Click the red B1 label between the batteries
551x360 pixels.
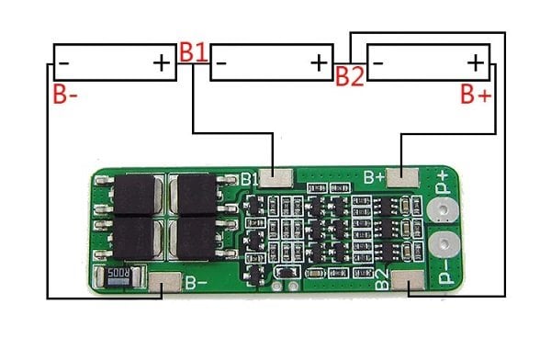[193, 52]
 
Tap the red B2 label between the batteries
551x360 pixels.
[350, 76]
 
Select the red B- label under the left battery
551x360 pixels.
[65, 94]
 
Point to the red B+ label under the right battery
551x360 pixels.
[476, 94]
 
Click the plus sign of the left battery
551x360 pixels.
[162, 63]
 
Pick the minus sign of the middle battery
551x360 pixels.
[221, 63]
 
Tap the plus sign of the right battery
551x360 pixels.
[476, 63]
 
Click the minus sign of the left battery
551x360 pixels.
[64, 63]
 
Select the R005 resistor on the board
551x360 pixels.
[118, 276]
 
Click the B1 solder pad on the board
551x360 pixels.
[275, 177]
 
